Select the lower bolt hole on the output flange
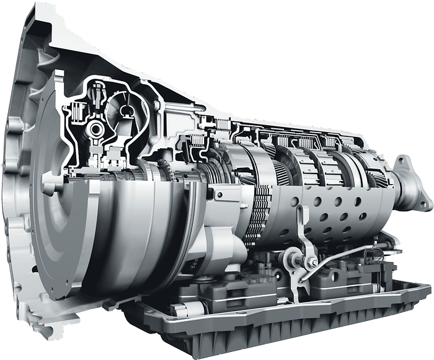[425, 203]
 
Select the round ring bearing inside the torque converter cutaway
[97, 130]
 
